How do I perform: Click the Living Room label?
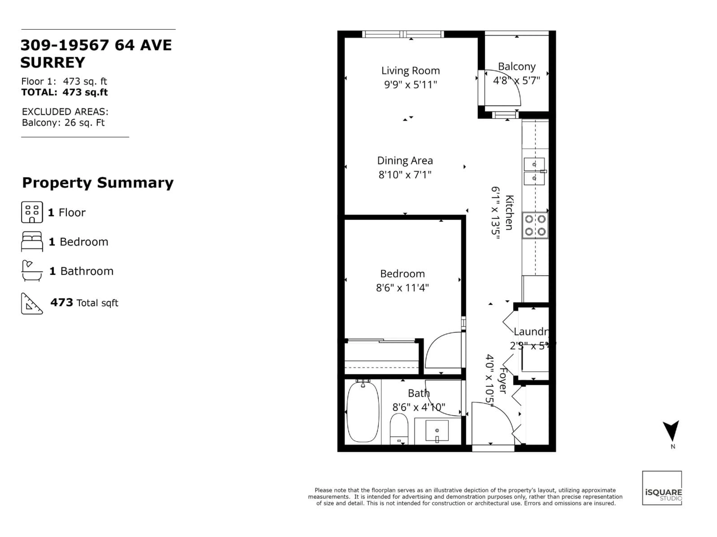(410, 70)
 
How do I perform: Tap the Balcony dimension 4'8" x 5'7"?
(516, 80)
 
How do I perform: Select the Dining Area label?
(405, 161)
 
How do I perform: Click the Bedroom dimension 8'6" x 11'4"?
(402, 288)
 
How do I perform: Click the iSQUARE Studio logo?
(662, 488)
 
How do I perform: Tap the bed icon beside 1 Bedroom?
(32, 241)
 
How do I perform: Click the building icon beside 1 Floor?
(32, 212)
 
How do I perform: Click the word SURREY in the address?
(52, 62)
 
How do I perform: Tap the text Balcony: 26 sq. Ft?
(63, 123)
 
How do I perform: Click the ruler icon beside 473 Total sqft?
(31, 303)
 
